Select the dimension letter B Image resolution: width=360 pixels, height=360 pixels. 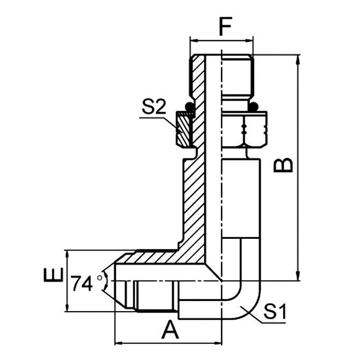click(x=285, y=165)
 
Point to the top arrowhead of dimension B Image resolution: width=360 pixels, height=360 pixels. click(x=298, y=58)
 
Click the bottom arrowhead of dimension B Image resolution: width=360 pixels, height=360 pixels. click(x=298, y=277)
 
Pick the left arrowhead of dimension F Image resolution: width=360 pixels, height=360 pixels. click(x=194, y=40)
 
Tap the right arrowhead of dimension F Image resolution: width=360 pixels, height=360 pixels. click(x=249, y=40)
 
